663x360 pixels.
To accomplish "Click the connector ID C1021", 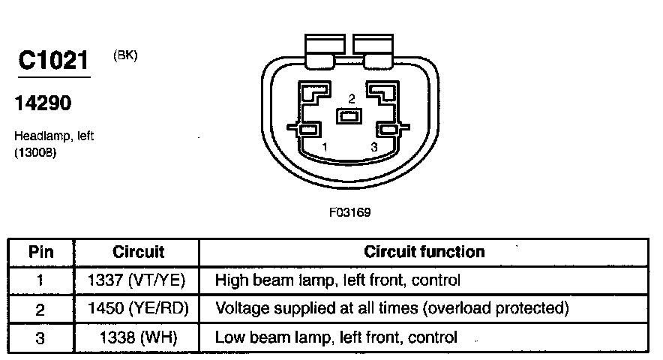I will pyautogui.click(x=53, y=61).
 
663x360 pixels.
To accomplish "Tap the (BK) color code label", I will pyautogui.click(x=125, y=55).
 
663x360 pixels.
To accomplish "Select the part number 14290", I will pyautogui.click(x=43, y=103).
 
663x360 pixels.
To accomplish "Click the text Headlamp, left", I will pyautogui.click(x=53, y=136).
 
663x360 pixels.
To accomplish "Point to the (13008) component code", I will pyautogui.click(x=34, y=152).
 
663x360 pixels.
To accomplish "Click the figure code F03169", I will pyautogui.click(x=349, y=212).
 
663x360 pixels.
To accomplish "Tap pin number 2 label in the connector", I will pyautogui.click(x=350, y=98).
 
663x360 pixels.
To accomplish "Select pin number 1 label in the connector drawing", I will pyautogui.click(x=325, y=147).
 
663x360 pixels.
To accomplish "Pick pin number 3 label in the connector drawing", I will pyautogui.click(x=374, y=147).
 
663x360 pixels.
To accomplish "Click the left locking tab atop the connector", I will pyautogui.click(x=322, y=47).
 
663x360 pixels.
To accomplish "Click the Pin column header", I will pyautogui.click(x=40, y=252).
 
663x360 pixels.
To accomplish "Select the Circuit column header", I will pyautogui.click(x=138, y=252).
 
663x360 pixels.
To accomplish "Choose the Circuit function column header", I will pyautogui.click(x=424, y=252).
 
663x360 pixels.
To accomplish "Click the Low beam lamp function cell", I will pyautogui.click(x=336, y=337).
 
